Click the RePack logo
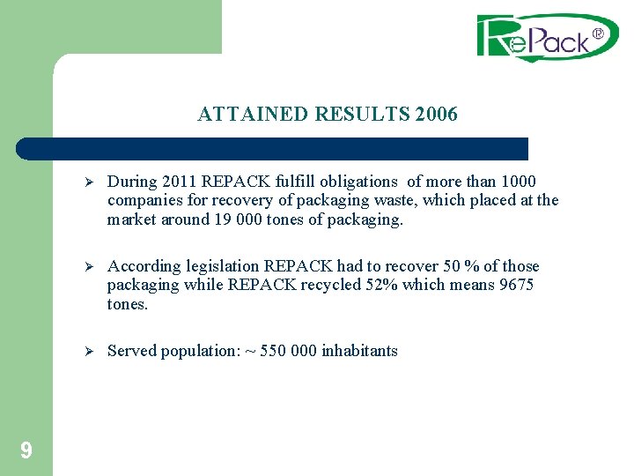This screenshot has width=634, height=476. click(x=547, y=37)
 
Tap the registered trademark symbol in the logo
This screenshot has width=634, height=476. click(x=598, y=34)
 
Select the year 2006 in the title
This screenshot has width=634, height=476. click(x=436, y=115)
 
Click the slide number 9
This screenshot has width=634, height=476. click(x=26, y=451)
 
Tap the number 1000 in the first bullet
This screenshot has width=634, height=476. click(x=519, y=182)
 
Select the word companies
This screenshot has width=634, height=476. click(x=143, y=201)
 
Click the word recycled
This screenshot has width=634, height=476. click(x=328, y=286)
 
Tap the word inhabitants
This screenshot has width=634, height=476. click(x=359, y=351)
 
